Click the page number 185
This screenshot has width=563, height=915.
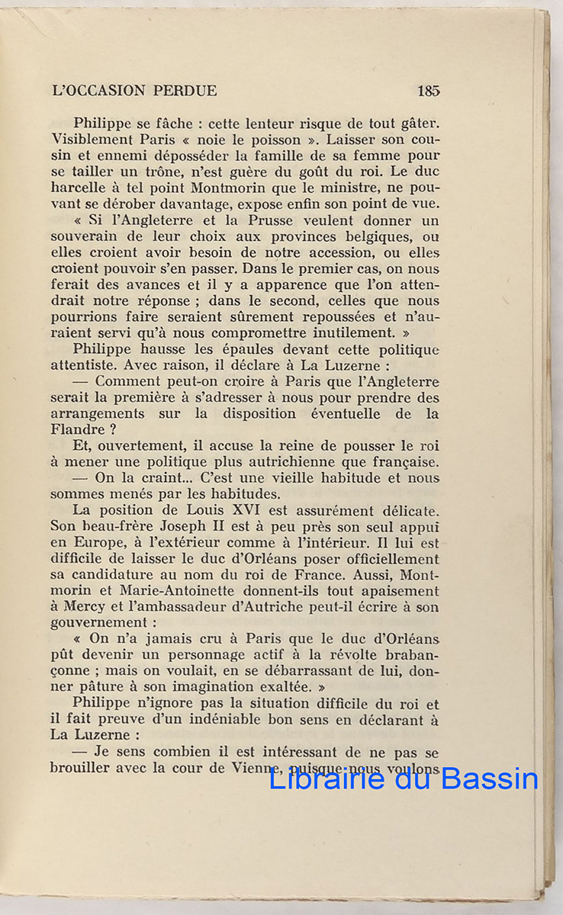point(428,91)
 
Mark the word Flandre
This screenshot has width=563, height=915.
point(79,429)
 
